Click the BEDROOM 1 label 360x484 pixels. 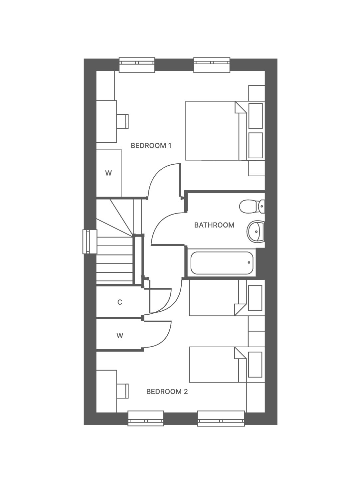[x=151, y=146]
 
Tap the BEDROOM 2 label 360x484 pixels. [x=167, y=392]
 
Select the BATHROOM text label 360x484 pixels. [x=214, y=225]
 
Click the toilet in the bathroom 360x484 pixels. [x=252, y=206]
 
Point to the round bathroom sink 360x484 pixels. [x=256, y=231]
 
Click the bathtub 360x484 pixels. [x=222, y=263]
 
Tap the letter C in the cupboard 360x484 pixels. [x=120, y=302]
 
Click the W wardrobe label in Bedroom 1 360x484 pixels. [x=108, y=173]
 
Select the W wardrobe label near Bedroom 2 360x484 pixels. [x=120, y=335]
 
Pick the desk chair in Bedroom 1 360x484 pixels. [x=123, y=121]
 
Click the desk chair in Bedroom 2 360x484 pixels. [x=123, y=391]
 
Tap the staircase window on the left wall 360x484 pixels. [x=90, y=242]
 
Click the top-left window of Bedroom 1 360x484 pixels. [x=137, y=65]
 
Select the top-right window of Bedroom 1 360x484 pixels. [x=212, y=65]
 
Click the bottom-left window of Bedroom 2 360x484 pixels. [x=146, y=418]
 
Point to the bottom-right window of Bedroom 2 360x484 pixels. [x=221, y=418]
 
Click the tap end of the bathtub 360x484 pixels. [x=249, y=262]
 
